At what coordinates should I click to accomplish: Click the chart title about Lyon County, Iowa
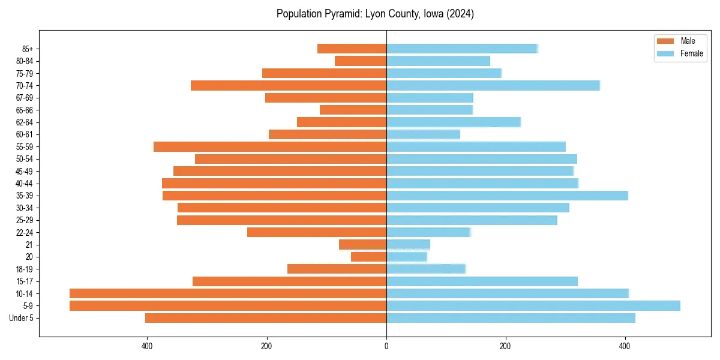pos(375,14)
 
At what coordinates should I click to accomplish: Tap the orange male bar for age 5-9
pos(228,306)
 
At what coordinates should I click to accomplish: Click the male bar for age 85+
pos(352,49)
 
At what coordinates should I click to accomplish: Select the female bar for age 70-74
pos(493,85)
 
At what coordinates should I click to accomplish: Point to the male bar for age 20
pos(368,257)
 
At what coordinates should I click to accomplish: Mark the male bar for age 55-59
pos(270,147)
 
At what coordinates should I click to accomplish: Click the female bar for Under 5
pos(511,318)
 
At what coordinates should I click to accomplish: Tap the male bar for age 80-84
pos(361,61)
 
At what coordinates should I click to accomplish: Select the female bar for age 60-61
pos(423,134)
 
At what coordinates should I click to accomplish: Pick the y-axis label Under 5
pos(21,318)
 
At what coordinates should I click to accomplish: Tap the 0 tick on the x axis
pos(386,346)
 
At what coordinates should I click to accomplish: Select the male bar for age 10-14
pos(228,293)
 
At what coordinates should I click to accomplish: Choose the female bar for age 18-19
pos(425,269)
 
